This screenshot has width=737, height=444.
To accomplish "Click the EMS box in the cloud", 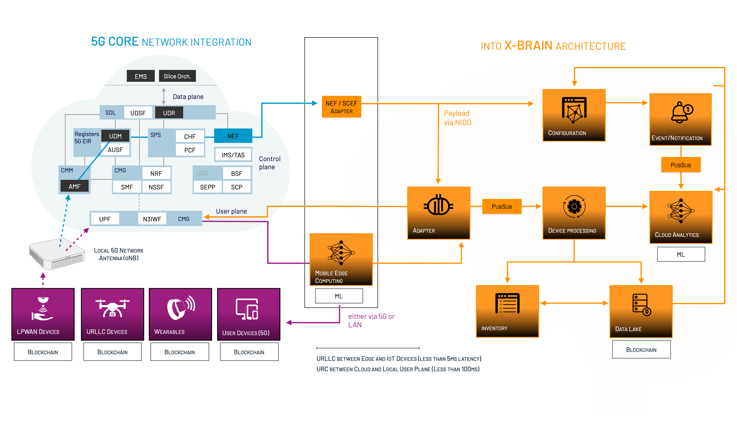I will pos(141,76).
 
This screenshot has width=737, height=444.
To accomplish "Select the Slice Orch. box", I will pos(177,76).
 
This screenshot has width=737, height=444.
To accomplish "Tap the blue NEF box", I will pos(233,136).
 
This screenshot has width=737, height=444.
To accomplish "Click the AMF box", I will pos(75,186).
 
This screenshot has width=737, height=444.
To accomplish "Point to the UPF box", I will pos(105,219).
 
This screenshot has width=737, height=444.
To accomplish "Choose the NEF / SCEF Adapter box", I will pos(341,107).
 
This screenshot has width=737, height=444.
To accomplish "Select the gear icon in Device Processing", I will pos(574,207).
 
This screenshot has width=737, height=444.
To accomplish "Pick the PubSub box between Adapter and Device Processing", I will pos(502,206).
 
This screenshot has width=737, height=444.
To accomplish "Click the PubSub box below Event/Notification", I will pos(681,165).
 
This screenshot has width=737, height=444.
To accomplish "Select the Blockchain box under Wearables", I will pos(179,352).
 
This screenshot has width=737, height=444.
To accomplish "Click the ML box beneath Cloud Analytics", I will pos(681,254).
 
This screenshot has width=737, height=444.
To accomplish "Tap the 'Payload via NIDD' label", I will pos(457,118).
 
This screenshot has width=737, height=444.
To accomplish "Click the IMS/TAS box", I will pos(233,155).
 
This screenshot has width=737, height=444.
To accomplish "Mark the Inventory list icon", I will pos(508,303).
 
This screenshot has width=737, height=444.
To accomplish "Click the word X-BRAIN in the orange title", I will pos(528,46).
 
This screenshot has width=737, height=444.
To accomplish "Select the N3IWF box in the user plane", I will pos(152,219).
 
